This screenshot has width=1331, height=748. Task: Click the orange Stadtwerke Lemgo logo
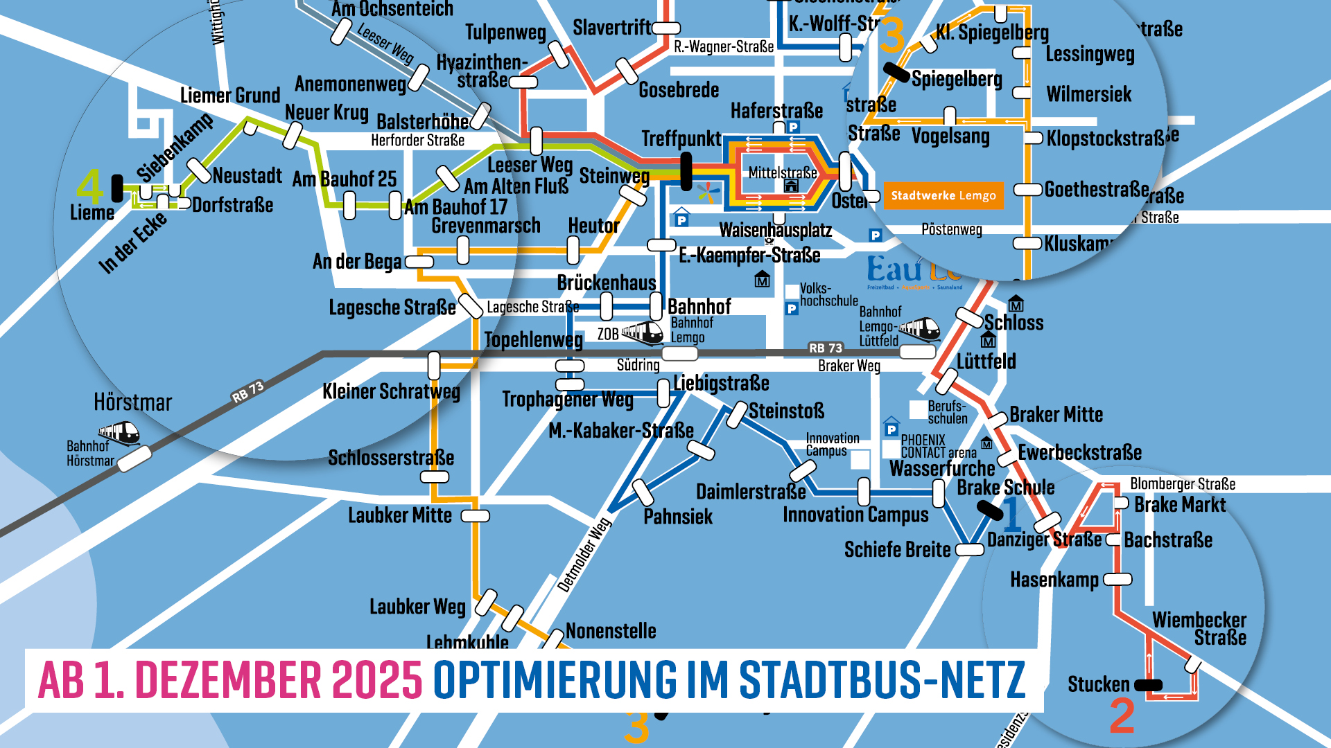[943, 196]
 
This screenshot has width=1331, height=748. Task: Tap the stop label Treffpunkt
[681, 139]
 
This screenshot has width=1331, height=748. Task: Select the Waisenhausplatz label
[775, 230]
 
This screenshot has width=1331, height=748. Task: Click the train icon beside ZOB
[643, 333]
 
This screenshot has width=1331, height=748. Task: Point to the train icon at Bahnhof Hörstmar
[119, 434]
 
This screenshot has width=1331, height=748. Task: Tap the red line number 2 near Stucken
[1122, 716]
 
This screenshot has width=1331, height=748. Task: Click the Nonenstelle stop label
[611, 631]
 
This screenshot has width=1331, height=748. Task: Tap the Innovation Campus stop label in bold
[855, 515]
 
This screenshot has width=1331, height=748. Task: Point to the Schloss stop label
[1014, 323]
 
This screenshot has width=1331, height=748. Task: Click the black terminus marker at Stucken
[1148, 685]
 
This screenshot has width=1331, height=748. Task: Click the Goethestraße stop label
[1097, 189]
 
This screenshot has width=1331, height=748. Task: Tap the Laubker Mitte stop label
[400, 516]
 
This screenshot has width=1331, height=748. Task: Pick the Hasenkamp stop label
[1054, 580]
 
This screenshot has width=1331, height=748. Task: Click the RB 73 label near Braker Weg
[825, 348]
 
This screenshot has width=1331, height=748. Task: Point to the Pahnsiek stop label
[678, 517]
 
